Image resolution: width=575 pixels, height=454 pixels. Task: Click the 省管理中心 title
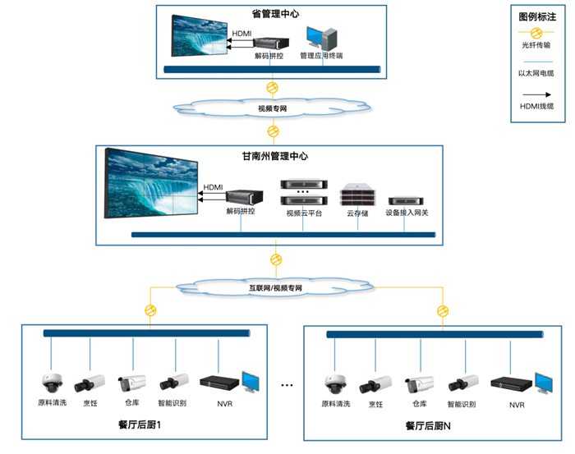(275, 14)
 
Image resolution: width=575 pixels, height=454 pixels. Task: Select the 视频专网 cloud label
(272, 108)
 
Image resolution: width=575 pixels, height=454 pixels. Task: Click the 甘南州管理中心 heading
(274, 156)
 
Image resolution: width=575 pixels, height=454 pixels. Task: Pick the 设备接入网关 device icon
(407, 200)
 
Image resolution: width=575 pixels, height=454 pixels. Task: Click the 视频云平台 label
(304, 213)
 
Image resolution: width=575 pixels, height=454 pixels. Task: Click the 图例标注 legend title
(536, 16)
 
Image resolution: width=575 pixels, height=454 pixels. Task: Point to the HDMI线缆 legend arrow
(536, 94)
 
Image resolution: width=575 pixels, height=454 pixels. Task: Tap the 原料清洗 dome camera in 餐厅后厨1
(52, 383)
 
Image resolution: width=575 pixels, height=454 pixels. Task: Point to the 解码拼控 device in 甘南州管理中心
(241, 198)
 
